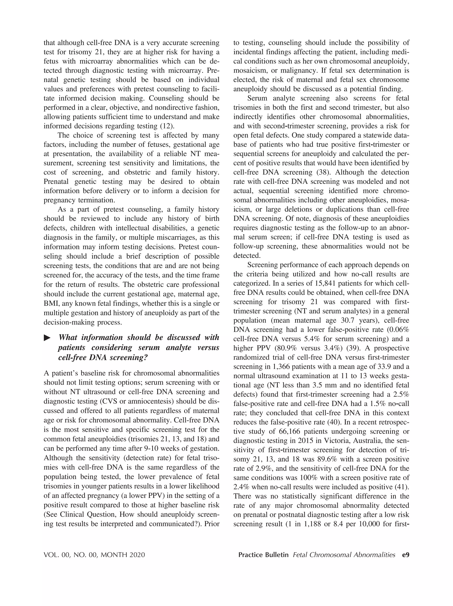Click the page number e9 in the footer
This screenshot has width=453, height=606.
[x=405, y=555]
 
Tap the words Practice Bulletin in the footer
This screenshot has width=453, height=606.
[x=263, y=555]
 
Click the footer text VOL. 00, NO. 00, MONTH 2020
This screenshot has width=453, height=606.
[x=94, y=555]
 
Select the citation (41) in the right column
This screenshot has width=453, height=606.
[x=401, y=487]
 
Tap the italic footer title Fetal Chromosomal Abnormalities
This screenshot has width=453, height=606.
[x=344, y=555]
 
